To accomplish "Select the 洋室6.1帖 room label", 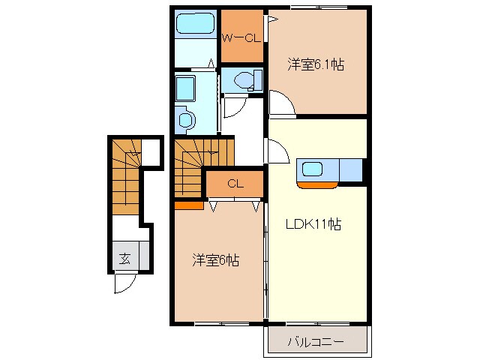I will (316, 65).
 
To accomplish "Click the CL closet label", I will (235, 183).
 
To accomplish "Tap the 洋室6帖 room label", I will (216, 260).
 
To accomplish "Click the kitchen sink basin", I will (312, 169).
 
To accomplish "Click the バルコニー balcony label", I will (316, 342).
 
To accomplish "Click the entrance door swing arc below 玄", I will (124, 283).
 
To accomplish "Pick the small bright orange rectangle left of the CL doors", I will (188, 202).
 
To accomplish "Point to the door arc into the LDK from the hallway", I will (277, 154).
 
